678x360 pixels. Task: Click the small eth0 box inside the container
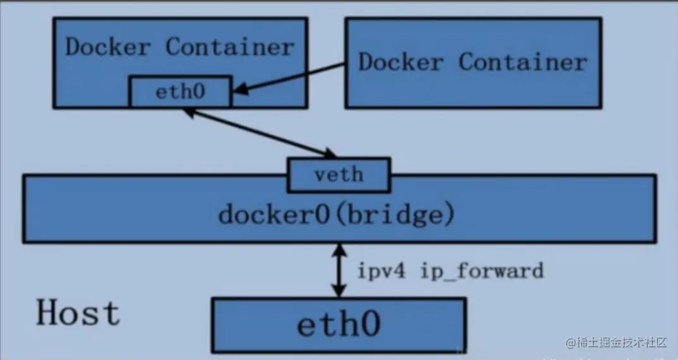pos(180,92)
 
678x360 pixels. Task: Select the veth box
pos(338,174)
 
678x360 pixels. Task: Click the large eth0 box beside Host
pos(339,325)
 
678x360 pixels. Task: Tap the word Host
pos(77,313)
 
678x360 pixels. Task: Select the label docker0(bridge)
pos(336,214)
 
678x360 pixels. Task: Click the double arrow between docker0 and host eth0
pos(340,270)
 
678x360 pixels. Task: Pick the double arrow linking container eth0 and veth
pos(259,133)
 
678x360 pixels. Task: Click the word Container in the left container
pos(230,47)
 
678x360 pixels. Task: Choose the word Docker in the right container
pos(401,62)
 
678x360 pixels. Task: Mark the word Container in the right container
pos(523,62)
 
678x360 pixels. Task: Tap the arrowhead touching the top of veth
pos(330,153)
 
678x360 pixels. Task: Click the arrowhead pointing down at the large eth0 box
pos(340,291)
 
